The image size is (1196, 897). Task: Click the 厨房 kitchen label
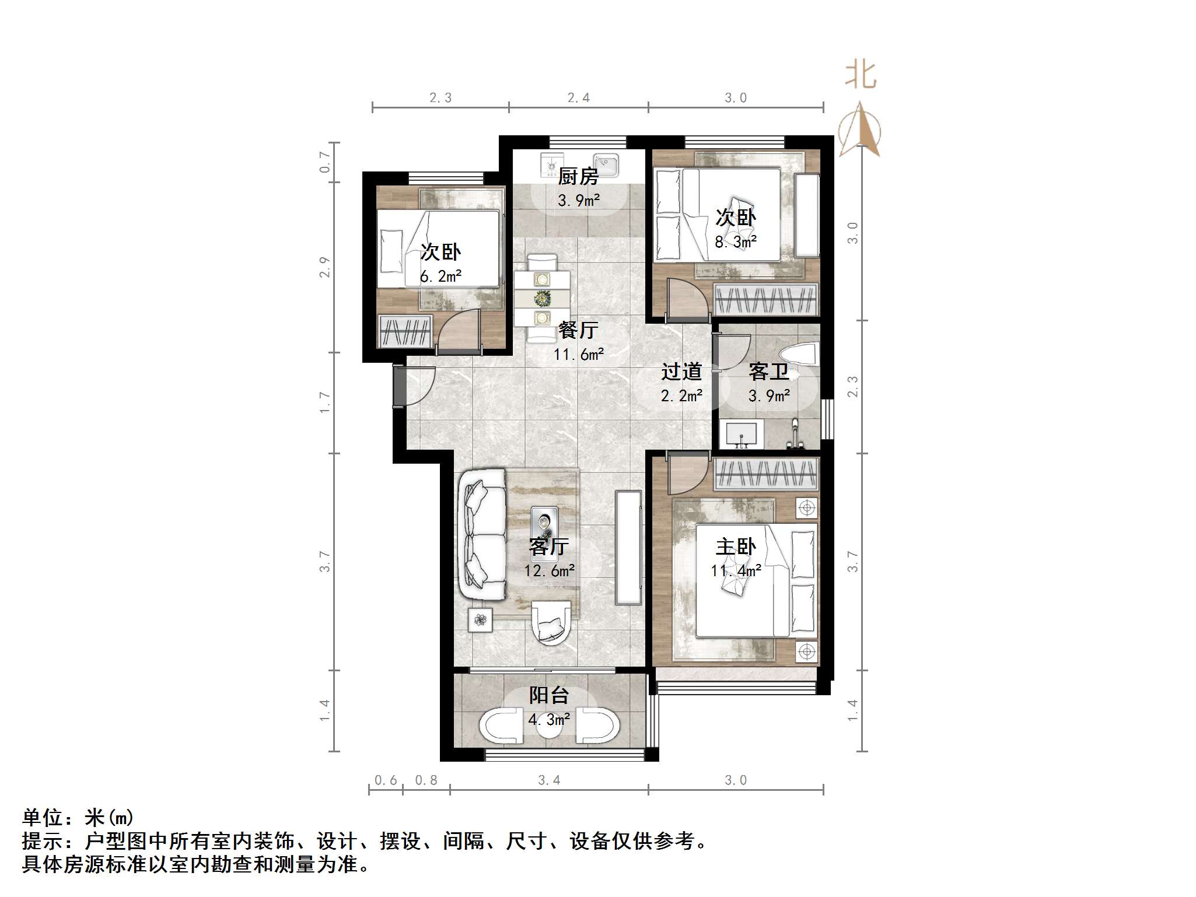[578, 176]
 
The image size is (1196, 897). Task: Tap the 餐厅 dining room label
[578, 330]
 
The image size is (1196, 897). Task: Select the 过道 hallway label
[681, 372]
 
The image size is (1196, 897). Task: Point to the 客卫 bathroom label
[768, 372]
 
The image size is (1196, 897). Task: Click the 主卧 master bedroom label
[735, 546]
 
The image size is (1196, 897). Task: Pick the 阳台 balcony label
[548, 695]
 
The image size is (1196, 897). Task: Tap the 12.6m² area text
[548, 570]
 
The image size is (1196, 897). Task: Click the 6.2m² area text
[440, 276]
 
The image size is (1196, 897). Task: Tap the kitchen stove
[551, 164]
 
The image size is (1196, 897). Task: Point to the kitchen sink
[606, 164]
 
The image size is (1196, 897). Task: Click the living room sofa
[483, 534]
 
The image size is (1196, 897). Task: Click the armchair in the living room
[550, 623]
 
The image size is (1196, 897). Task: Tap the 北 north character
[861, 76]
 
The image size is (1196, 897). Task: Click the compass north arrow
[859, 129]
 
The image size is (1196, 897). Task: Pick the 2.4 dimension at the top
[578, 98]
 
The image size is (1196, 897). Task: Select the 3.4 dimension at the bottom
[548, 780]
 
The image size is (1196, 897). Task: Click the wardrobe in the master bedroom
[765, 473]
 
